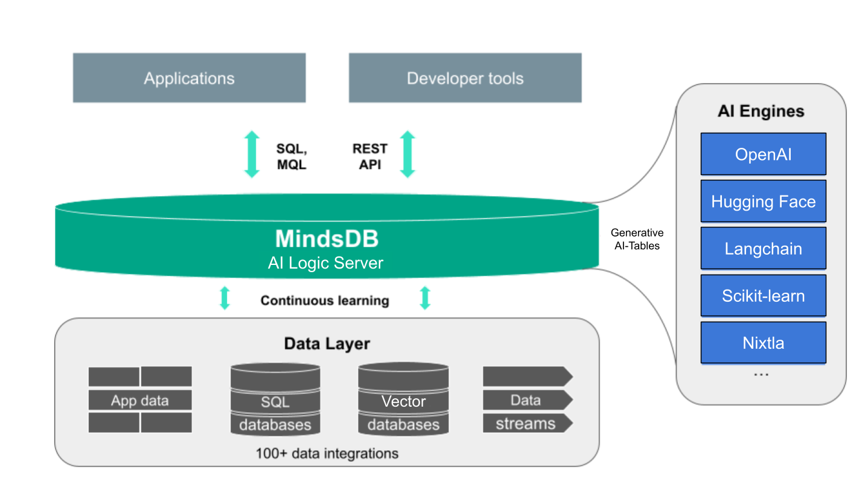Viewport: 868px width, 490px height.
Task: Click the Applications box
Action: click(x=189, y=78)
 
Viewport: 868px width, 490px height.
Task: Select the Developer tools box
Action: click(x=465, y=78)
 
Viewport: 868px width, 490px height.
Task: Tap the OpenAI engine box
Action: click(x=763, y=154)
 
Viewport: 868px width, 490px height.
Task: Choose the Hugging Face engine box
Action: click(x=763, y=202)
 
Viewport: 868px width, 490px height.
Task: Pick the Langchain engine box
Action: click(x=763, y=249)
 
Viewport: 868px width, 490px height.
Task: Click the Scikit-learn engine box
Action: click(x=763, y=296)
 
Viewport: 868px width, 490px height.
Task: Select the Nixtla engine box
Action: click(x=763, y=343)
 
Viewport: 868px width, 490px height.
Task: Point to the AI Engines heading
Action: click(x=761, y=112)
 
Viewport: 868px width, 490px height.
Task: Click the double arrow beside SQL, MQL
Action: click(x=252, y=154)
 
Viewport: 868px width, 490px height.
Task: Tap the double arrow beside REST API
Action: click(x=408, y=154)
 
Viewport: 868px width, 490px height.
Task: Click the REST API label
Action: click(x=369, y=156)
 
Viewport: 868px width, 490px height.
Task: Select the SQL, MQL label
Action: click(x=291, y=156)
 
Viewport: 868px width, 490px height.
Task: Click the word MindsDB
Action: click(x=327, y=239)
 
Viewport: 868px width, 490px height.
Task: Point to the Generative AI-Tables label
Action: click(x=636, y=239)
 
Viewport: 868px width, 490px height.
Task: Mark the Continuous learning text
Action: click(x=325, y=301)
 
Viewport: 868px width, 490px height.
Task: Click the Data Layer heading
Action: click(x=327, y=344)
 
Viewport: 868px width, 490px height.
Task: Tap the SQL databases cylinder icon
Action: click(x=275, y=400)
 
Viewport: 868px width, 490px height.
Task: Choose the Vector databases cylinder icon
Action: click(x=403, y=400)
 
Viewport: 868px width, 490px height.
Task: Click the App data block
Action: click(x=140, y=400)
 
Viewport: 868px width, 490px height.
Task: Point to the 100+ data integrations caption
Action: click(x=327, y=453)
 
